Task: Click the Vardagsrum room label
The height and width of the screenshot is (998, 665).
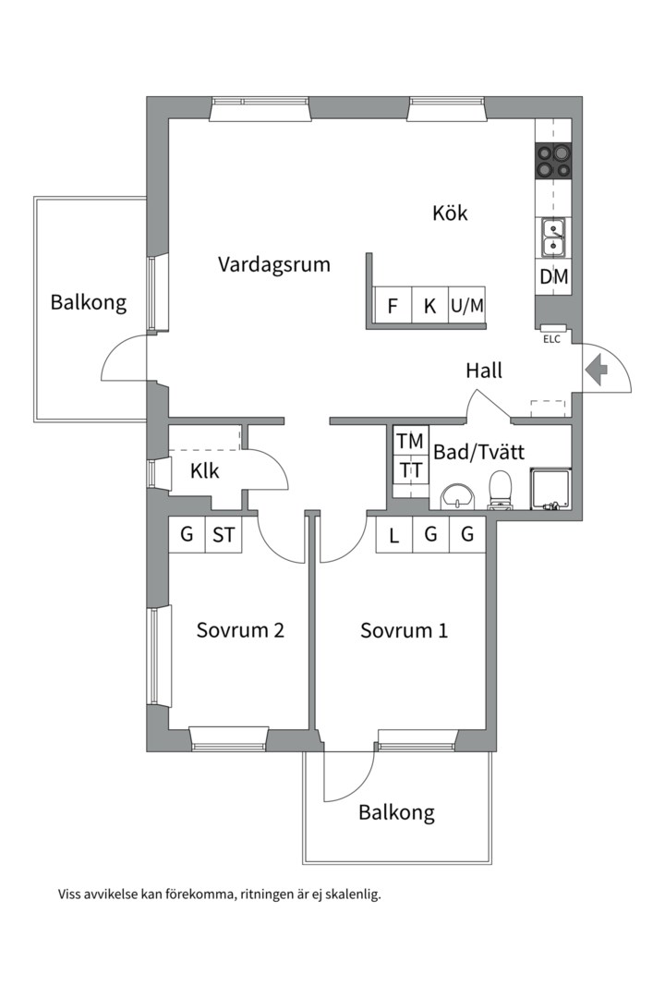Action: tap(274, 264)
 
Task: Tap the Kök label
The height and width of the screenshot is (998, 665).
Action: tap(450, 212)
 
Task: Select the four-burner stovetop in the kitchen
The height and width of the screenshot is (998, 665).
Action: tap(553, 161)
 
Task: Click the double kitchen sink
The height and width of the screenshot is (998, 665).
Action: tap(553, 237)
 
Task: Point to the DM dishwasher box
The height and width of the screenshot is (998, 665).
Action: tap(553, 277)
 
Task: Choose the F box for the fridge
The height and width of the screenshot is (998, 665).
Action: tap(393, 306)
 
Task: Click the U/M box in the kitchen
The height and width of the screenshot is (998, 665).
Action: tap(467, 306)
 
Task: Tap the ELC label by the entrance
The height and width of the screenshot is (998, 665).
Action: tap(551, 339)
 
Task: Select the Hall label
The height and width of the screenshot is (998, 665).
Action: tap(484, 371)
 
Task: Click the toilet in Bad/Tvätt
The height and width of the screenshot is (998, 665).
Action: tap(501, 490)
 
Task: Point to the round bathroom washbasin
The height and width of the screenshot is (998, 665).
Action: tap(457, 496)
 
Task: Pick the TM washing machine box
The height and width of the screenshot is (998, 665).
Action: tap(411, 441)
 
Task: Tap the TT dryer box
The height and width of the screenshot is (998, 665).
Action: tap(411, 470)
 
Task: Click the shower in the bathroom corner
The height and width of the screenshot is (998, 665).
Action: tap(551, 489)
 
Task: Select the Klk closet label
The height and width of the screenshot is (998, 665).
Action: tap(205, 471)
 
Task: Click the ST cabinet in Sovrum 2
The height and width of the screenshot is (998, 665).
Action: tap(224, 535)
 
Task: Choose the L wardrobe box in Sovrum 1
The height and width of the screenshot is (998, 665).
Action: tap(394, 535)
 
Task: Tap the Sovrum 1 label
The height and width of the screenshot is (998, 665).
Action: tap(405, 630)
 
